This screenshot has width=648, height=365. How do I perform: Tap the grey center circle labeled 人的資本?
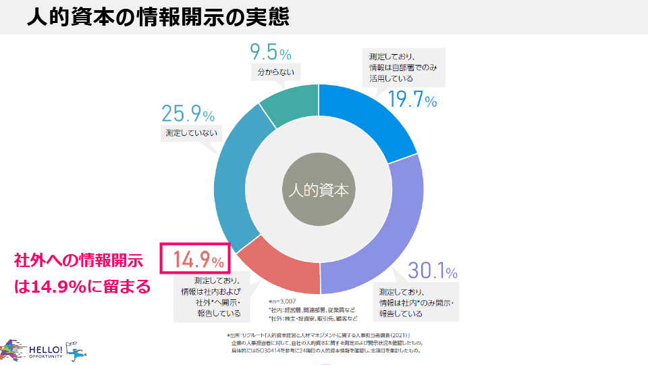(318, 190)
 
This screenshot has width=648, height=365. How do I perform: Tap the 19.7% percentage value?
(412, 100)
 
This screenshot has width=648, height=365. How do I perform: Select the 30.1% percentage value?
(433, 272)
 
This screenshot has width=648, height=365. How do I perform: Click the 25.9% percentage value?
(188, 114)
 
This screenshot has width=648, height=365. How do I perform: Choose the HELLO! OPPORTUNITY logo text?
(45, 351)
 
